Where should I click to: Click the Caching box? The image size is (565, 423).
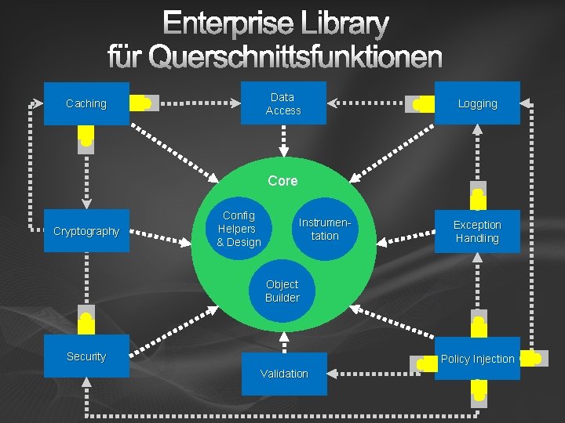(86, 103)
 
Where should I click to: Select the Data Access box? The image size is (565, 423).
(282, 103)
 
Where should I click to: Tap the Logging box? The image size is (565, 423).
(477, 103)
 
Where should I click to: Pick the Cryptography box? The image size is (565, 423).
(86, 231)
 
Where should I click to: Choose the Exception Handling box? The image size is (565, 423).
(477, 231)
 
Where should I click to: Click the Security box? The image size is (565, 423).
(86, 356)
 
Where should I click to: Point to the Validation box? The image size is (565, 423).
(283, 374)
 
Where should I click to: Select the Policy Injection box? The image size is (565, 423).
(477, 359)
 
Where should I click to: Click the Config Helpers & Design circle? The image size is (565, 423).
(239, 229)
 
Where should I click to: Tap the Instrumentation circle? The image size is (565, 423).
(324, 229)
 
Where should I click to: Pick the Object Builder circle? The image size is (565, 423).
(282, 291)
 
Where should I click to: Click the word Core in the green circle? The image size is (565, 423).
(282, 181)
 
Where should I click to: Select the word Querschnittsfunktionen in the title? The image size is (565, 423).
(295, 56)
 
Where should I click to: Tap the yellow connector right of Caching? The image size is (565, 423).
(142, 103)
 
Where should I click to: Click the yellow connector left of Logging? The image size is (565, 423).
(422, 103)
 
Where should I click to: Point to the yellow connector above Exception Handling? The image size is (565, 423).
(477, 196)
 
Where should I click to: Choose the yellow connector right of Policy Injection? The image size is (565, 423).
(530, 359)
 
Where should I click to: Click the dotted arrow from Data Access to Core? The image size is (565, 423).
(283, 141)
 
